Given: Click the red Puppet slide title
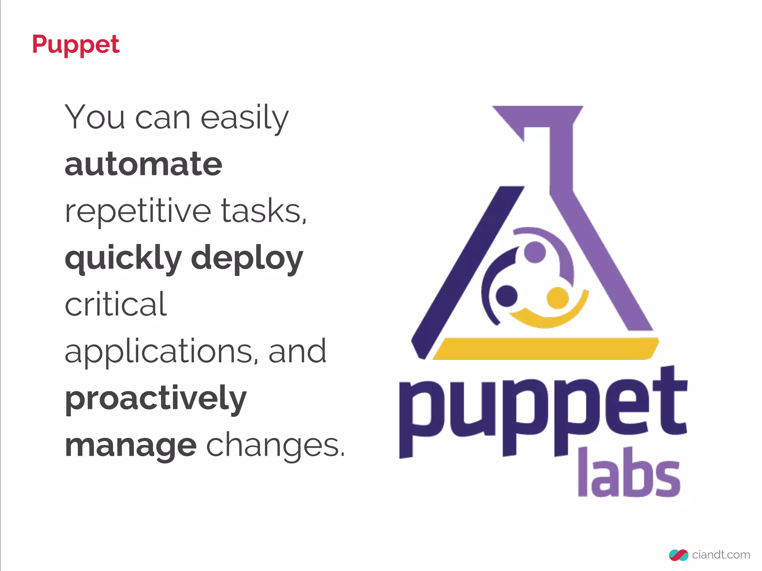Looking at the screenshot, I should tap(76, 45).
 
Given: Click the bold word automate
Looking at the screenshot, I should tap(143, 164).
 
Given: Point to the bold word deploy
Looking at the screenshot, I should tap(247, 259).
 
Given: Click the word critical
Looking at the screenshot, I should tap(116, 304).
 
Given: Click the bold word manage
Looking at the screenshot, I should tap(131, 446).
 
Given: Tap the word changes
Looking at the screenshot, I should tap(276, 445).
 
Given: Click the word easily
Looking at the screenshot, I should tap(244, 118).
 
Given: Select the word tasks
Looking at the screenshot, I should tap(264, 211).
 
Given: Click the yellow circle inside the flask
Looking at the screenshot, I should tap(557, 298).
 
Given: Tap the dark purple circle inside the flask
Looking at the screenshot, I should tap(506, 296).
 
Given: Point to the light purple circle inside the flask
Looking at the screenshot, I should tap(535, 252).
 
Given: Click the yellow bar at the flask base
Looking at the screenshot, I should tap(545, 348).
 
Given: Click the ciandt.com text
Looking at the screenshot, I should tap(721, 555).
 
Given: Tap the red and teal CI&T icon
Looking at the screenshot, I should tap(679, 555).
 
